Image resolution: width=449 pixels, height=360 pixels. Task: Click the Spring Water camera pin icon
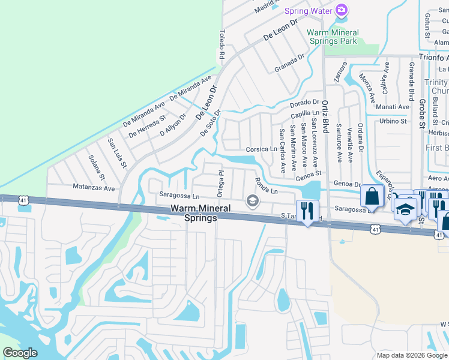(x=342, y=10)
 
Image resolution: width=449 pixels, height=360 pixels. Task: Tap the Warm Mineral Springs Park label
(x=333, y=37)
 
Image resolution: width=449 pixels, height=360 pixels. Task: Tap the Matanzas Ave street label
(x=94, y=188)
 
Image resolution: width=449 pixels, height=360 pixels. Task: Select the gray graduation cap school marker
(x=253, y=200)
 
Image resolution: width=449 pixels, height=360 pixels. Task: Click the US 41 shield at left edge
(x=23, y=199)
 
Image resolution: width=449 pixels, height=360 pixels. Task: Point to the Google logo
(x=20, y=353)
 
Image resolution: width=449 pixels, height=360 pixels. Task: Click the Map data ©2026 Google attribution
(x=412, y=355)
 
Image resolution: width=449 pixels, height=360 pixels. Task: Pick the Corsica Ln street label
(x=261, y=149)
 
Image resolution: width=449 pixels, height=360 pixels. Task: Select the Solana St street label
(x=97, y=170)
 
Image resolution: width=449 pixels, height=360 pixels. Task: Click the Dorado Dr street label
(x=304, y=103)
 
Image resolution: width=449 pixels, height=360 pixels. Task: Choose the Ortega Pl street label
(x=220, y=182)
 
